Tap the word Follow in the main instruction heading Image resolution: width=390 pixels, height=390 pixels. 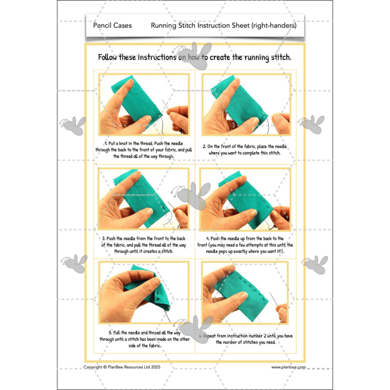[x=111, y=58]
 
